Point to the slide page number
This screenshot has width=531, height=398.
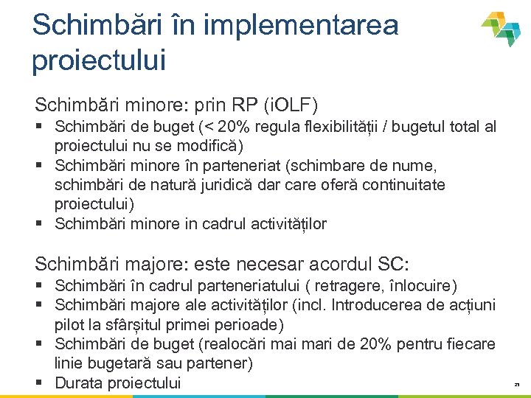click(x=517, y=385)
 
